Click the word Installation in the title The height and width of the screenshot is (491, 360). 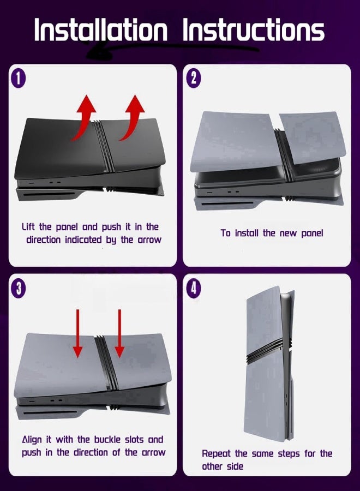(x=100, y=30)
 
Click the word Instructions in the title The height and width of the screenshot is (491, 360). (x=253, y=30)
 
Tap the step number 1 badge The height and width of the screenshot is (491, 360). (x=19, y=78)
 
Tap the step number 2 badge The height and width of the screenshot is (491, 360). (x=194, y=78)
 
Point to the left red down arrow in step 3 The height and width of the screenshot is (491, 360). (x=78, y=333)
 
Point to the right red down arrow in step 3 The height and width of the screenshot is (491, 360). (x=119, y=333)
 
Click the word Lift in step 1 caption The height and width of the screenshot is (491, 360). (x=28, y=226)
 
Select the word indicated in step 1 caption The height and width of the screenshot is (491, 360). (x=83, y=240)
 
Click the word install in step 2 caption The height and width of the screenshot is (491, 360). (x=247, y=233)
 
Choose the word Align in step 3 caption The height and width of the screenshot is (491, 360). (x=32, y=440)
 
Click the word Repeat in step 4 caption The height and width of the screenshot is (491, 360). (x=216, y=454)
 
